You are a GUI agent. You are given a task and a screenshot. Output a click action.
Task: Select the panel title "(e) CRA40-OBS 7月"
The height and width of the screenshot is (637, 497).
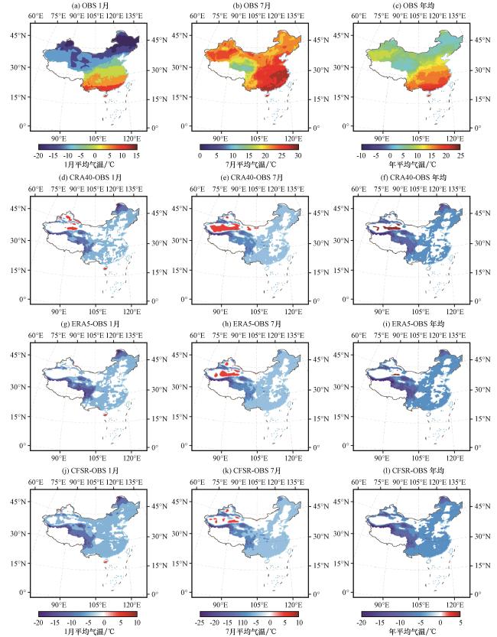(x=252, y=177)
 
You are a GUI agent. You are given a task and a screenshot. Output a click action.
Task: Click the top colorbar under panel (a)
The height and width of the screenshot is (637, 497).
(x=88, y=147)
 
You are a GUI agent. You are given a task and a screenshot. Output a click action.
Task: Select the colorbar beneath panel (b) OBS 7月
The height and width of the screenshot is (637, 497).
(x=249, y=147)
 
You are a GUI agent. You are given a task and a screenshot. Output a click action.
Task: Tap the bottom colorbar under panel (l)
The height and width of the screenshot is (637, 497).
(x=411, y=614)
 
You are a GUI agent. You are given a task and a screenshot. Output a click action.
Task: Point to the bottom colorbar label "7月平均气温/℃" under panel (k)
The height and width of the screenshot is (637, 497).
(x=251, y=632)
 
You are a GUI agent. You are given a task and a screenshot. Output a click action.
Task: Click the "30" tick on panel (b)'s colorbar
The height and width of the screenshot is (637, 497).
(x=298, y=155)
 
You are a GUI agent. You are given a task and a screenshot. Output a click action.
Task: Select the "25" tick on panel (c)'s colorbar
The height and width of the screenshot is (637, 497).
(x=460, y=155)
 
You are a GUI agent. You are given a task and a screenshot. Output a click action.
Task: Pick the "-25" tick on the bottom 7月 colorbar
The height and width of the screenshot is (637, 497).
(x=200, y=622)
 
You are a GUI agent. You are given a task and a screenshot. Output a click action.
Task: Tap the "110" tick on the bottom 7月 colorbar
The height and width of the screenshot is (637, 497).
(x=242, y=622)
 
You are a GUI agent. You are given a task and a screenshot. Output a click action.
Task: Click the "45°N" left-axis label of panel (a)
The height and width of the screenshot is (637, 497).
(x=18, y=35)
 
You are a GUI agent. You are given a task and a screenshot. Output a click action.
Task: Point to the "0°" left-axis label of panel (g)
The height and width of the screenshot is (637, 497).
(x=23, y=446)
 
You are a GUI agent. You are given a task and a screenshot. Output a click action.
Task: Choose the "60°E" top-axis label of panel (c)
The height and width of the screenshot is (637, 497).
(x=359, y=16)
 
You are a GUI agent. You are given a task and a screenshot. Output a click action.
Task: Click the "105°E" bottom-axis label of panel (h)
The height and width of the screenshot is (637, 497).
(x=258, y=458)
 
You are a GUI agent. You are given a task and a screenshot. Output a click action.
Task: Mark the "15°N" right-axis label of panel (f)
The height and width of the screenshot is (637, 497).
(x=482, y=272)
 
